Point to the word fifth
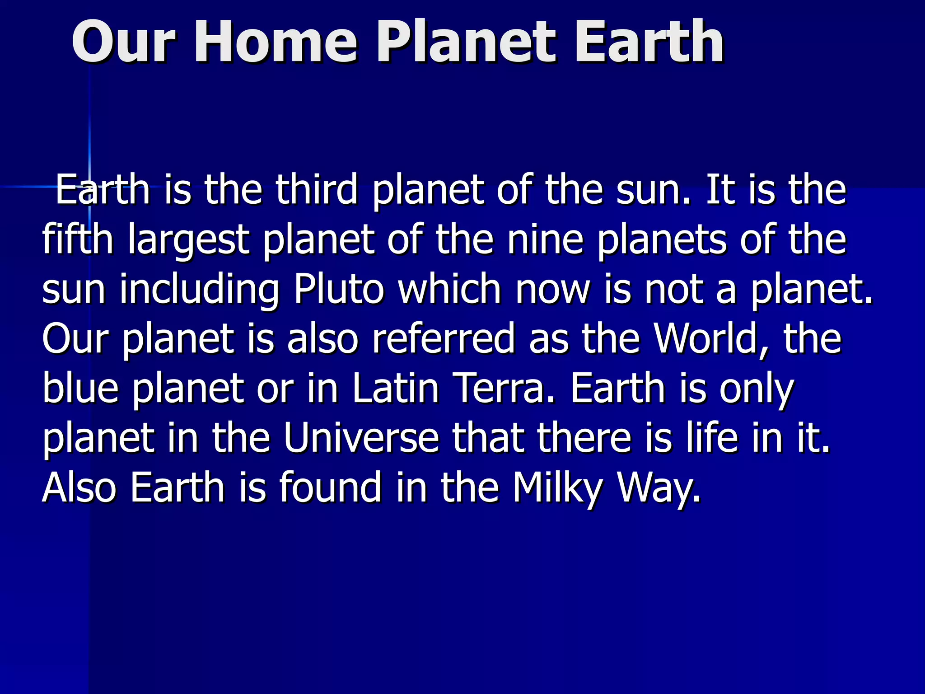77,239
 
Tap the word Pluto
339,289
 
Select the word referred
443,339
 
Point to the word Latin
396,389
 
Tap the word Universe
361,438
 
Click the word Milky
558,488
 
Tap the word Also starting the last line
79,488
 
